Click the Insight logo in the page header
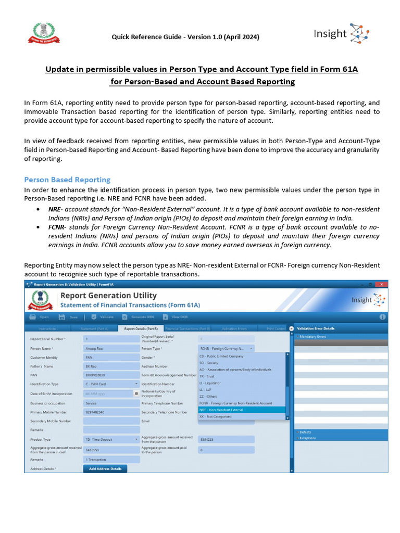coord(341,34)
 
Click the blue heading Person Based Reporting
coord(67,180)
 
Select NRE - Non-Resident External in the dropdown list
coord(221,410)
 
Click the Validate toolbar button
coord(101,316)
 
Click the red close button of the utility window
coord(382,284)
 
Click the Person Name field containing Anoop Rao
coord(111,348)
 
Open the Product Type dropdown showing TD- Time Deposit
coord(111,439)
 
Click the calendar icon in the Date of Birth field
coord(136,394)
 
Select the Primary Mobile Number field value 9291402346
coord(111,412)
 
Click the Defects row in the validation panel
coord(306,432)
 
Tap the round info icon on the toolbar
coord(382,316)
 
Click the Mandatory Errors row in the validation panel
coord(313,336)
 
